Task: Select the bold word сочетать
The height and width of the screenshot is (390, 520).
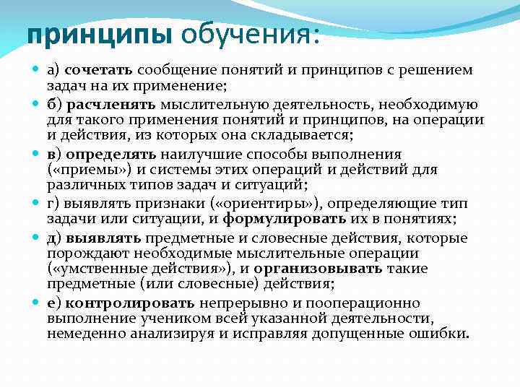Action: [98, 70]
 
